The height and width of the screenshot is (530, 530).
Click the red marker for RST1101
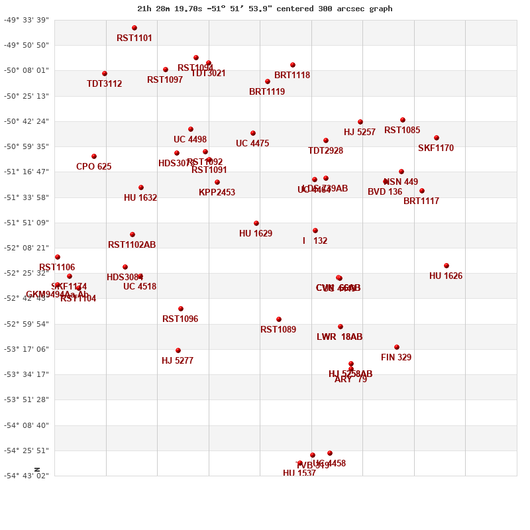click(134, 28)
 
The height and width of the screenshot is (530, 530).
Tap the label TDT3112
click(104, 84)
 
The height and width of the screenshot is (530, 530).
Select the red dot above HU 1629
click(256, 223)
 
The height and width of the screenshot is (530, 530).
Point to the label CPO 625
click(93, 167)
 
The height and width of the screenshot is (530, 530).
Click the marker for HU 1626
click(447, 266)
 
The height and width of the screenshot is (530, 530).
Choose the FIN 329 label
click(396, 358)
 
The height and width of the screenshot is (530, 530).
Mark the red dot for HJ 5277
click(178, 350)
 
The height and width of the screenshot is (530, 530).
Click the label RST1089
click(278, 330)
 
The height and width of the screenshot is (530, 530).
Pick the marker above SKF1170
click(437, 138)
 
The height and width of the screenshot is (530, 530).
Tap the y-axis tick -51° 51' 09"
click(26, 223)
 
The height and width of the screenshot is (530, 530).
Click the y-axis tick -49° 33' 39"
click(26, 20)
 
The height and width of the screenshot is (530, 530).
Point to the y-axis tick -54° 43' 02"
click(26, 476)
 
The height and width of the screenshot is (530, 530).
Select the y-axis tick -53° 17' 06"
click(26, 349)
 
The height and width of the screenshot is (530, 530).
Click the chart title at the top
click(265, 9)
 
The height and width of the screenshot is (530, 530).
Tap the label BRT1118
click(292, 76)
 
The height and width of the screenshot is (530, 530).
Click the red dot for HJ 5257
click(360, 122)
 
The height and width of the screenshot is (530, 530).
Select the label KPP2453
click(217, 193)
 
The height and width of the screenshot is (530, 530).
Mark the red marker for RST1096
click(181, 309)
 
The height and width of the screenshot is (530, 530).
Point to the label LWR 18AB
click(339, 337)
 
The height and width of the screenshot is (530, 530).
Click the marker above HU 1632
click(141, 187)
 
